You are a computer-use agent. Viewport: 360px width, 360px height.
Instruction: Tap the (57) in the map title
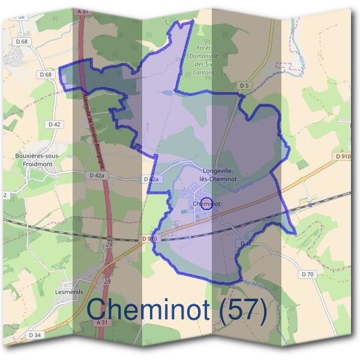tap(244, 310)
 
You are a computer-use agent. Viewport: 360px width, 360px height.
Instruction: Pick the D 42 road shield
tap(53, 124)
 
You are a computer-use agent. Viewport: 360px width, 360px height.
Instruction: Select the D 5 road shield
tap(244, 86)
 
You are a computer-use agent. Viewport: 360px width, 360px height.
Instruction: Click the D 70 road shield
tap(308, 274)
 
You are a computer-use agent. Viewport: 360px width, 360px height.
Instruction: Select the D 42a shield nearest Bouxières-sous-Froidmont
tap(95, 176)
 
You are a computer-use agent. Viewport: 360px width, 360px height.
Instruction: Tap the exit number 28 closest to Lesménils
tap(107, 281)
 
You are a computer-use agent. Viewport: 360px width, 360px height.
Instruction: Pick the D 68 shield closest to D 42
tap(46, 74)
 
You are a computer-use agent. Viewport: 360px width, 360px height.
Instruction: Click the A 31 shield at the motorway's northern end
tap(83, 11)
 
